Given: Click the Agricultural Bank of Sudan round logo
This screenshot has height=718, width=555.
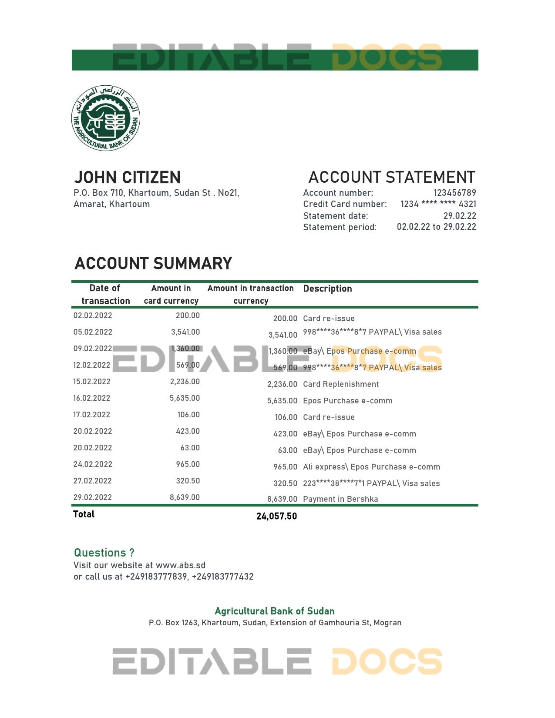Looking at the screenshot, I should click(106, 118).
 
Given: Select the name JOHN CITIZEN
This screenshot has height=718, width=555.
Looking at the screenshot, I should click(127, 178).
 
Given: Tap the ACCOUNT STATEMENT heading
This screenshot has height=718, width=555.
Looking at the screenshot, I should click(391, 178).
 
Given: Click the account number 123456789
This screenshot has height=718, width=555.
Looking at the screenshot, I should click(454, 193).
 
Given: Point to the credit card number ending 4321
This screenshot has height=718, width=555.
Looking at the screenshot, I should click(438, 204).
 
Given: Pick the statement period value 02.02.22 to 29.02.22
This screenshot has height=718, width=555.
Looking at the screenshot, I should click(436, 227).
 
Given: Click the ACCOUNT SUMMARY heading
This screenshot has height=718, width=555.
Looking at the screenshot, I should click(153, 264).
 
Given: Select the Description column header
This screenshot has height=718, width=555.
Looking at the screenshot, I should click(327, 289).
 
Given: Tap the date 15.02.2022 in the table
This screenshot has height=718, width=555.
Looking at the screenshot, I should click(92, 382).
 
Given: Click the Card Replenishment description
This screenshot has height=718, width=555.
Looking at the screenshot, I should click(341, 384).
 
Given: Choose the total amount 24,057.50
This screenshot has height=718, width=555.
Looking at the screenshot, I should click(276, 517).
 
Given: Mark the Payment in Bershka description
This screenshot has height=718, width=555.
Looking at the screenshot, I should click(340, 499).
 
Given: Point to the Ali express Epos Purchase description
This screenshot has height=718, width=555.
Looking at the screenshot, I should click(371, 467).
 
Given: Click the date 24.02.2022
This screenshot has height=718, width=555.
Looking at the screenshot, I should click(92, 464).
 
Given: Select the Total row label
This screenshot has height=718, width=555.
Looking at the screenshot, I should click(84, 514).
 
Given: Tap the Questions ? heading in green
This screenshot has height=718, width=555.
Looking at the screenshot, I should click(104, 553).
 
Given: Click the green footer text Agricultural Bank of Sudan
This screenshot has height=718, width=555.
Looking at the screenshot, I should click(275, 611).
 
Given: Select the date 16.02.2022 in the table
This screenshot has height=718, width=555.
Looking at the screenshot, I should click(92, 398).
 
